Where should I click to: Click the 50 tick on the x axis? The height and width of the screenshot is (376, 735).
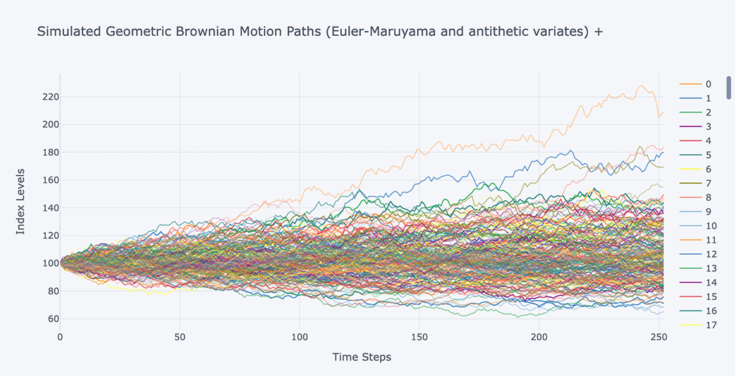coord(179,337)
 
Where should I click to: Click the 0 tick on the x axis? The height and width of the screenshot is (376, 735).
coord(60,337)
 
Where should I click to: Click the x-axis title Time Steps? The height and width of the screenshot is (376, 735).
coord(362,357)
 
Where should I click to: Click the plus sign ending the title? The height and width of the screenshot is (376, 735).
coord(599,32)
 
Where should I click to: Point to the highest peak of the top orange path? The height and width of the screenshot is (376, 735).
coord(641,87)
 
